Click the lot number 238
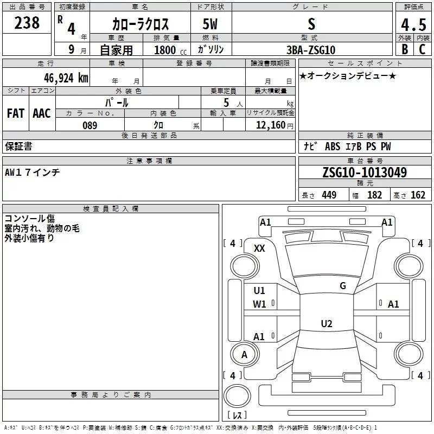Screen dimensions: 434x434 click(x=27, y=23)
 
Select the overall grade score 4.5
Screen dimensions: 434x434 click(x=413, y=25)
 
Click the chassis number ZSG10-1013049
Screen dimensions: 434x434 click(x=365, y=173)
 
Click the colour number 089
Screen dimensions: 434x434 click(x=90, y=125)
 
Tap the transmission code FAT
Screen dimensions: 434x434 click(x=16, y=113)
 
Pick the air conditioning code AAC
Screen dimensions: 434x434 click(x=42, y=113)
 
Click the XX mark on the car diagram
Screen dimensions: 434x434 click(x=260, y=248)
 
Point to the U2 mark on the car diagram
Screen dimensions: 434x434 click(x=326, y=323)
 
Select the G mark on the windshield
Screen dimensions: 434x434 click(x=343, y=286)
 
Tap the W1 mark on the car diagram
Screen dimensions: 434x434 click(x=259, y=304)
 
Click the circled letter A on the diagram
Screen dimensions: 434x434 click(x=244, y=355)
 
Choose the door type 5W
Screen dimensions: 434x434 click(x=210, y=24)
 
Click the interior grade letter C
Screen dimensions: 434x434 click(x=422, y=49)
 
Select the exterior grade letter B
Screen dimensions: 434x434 click(x=405, y=49)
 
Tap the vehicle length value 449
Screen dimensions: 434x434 click(x=329, y=195)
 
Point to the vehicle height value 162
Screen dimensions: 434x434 click(x=418, y=195)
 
